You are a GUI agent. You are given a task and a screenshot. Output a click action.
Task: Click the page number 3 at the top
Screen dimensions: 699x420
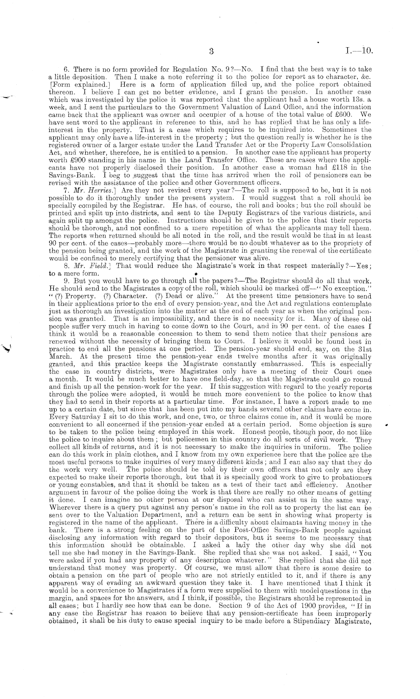point(211,52)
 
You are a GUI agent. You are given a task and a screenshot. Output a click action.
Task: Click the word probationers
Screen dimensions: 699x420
point(348,477)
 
